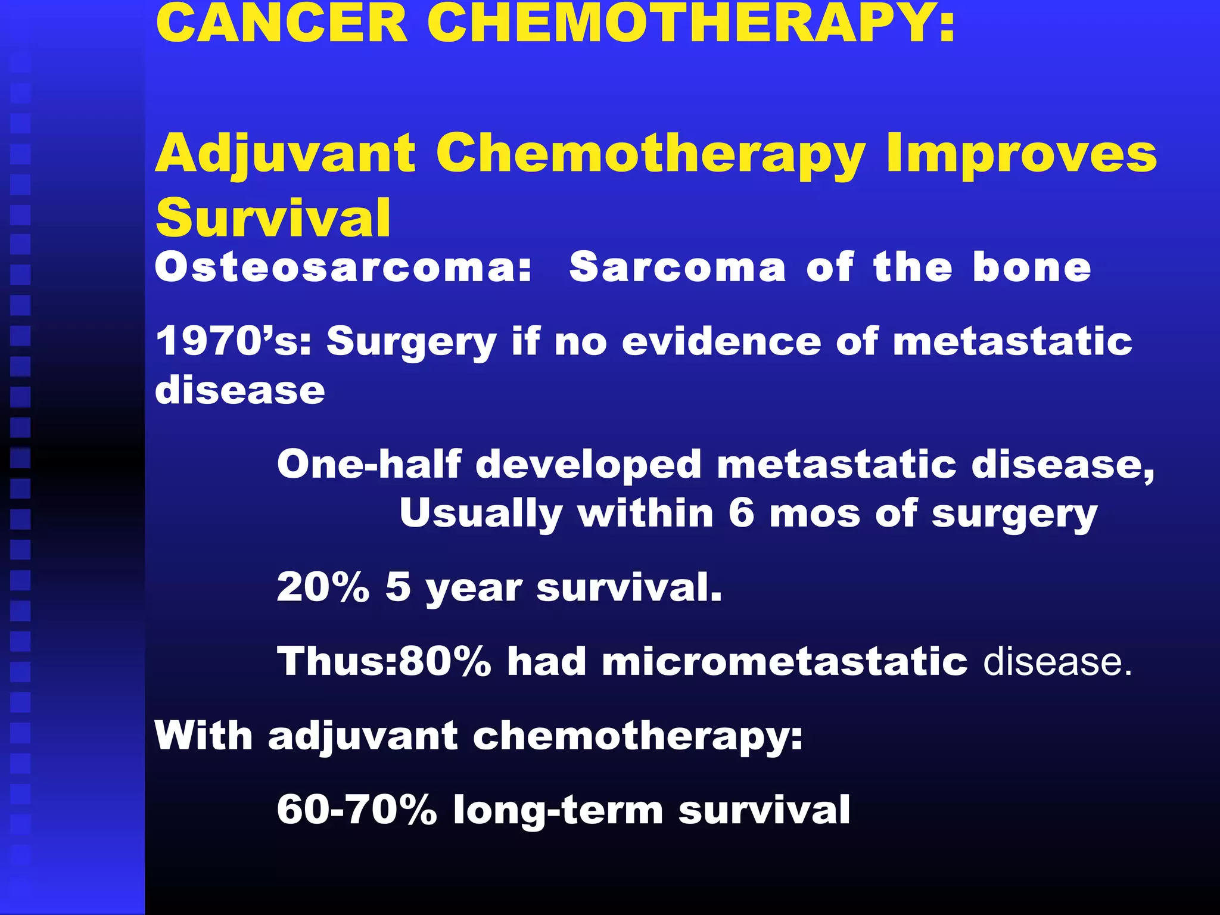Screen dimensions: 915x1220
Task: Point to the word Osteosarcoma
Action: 343,267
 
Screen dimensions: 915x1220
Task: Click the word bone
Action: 1032,267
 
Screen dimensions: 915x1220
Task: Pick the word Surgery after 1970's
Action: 411,343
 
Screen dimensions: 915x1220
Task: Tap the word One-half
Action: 369,464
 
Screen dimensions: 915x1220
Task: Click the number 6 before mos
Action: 741,513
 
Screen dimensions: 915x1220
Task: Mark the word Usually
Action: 481,514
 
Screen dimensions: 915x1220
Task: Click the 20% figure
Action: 323,587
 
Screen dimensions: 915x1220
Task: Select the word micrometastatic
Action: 785,662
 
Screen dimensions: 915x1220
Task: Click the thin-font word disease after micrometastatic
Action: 1057,662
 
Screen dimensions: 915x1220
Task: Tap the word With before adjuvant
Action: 203,736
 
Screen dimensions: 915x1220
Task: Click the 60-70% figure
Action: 357,810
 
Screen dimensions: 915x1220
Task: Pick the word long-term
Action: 558,811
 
